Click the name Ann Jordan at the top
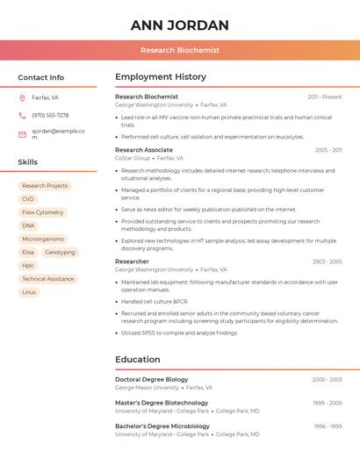180,25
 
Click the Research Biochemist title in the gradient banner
180,51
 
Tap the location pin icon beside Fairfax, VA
22,97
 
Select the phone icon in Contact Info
22,115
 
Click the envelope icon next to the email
22,134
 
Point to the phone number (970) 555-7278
50,115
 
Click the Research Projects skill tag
45,186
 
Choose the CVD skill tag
28,199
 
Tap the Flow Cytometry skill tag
42,212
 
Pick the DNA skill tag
28,225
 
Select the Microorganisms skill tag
43,239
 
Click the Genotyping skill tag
60,253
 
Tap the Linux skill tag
29,292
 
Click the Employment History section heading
161,77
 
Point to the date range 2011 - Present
325,97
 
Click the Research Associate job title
144,150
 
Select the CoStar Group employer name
133,158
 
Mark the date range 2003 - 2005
327,261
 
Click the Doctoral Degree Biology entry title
152,379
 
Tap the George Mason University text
147,387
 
